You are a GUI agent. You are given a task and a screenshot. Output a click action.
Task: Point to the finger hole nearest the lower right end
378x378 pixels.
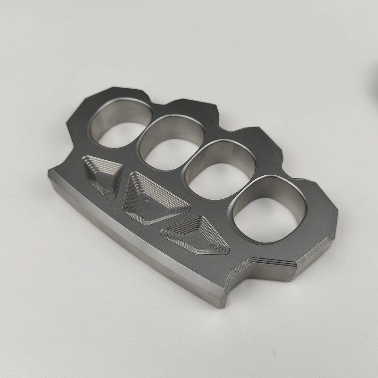click(271, 204)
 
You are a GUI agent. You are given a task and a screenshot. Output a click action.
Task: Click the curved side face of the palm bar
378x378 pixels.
click(132, 246)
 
